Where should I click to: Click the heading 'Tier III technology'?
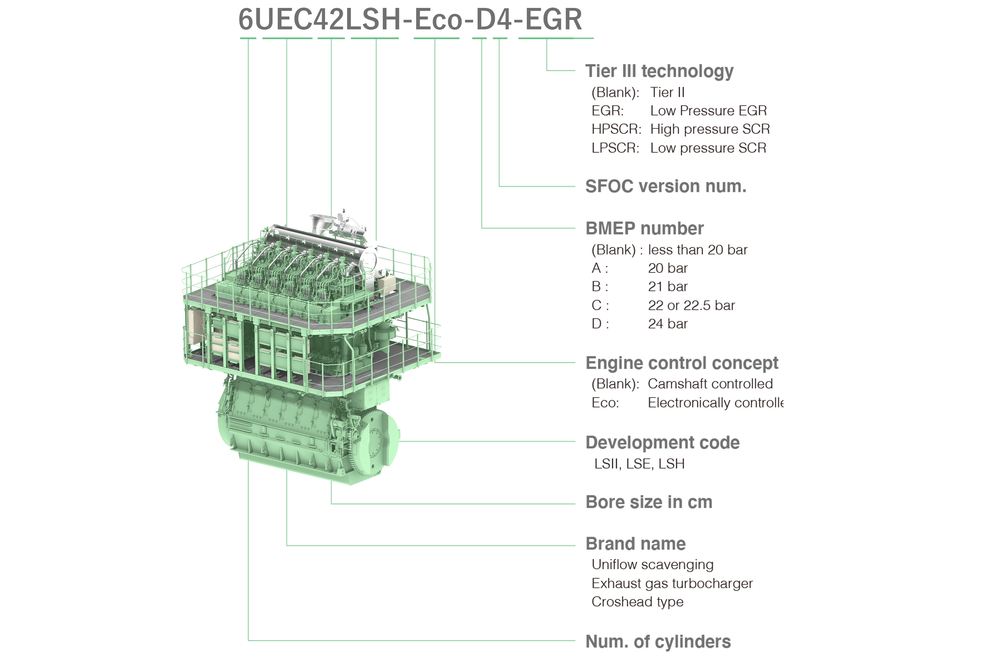659,71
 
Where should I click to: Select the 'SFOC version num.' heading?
665,186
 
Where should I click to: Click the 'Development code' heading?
662,443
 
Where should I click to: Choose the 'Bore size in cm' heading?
648,502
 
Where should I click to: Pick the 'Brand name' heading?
635,544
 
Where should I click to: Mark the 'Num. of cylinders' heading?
658,642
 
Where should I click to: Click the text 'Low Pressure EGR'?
708,111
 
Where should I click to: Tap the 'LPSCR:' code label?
615,148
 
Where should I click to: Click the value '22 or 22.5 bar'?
691,306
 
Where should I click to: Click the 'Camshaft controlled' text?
710,384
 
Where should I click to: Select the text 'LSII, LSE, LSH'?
639,464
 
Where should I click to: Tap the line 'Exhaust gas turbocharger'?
672,583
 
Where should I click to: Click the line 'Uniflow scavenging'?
652,564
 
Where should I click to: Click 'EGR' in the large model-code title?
553,19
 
